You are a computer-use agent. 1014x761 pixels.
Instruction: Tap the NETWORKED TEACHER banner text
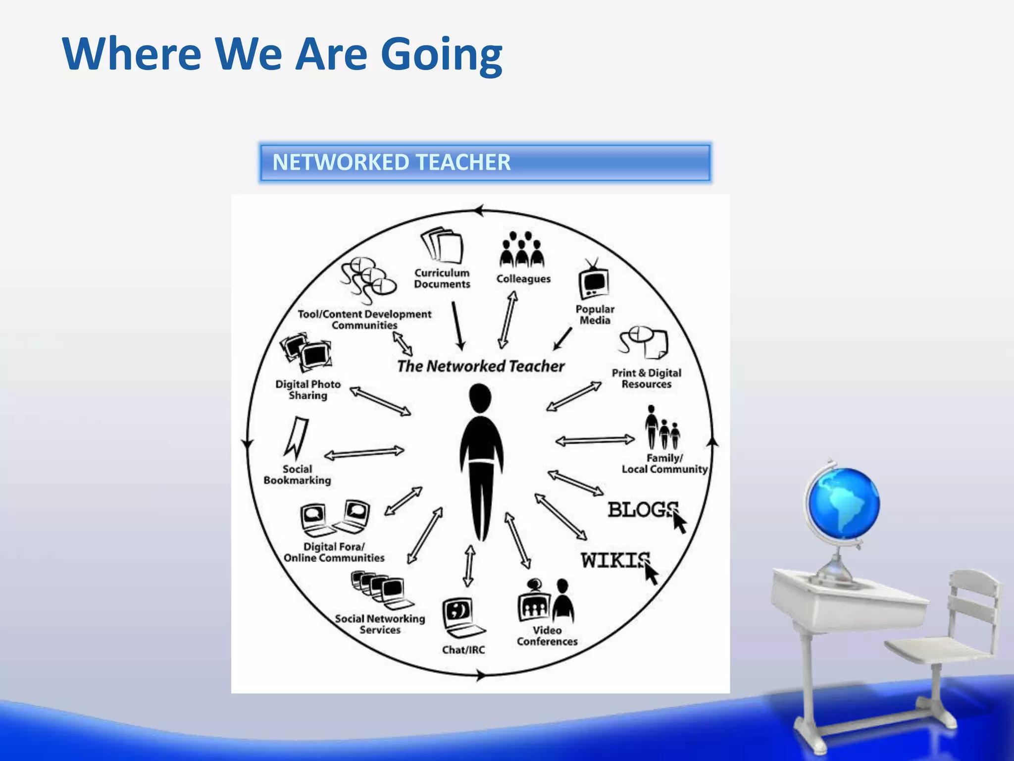coord(391,163)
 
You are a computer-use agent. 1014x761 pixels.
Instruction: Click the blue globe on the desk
coord(843,503)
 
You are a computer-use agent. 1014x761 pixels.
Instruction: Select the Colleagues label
coord(523,278)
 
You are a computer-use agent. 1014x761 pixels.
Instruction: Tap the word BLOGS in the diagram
coord(642,509)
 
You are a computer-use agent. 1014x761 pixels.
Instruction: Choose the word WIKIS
coord(615,561)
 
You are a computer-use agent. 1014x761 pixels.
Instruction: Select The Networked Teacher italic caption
coord(480,366)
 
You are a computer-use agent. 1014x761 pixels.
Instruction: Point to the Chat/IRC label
coord(463,650)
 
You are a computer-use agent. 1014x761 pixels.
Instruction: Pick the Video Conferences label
coord(547,636)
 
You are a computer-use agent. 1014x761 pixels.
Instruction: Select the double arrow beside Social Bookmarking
coord(364,453)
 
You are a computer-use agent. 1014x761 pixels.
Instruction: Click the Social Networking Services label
coord(380,624)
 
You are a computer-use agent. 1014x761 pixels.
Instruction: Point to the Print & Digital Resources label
coord(646,379)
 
